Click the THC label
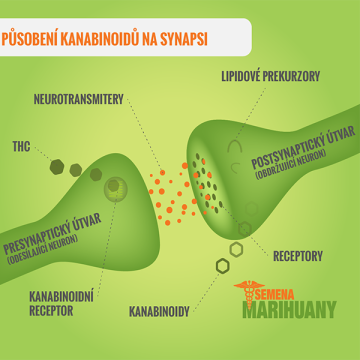pos(21,147)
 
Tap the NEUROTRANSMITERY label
pos(79,99)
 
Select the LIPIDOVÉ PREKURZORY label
pos(271,76)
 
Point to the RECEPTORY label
pos(298,256)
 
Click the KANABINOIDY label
pos(159,312)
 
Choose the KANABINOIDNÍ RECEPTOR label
pos(61,303)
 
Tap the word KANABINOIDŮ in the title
pos(100,39)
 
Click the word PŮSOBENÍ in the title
pos(29,39)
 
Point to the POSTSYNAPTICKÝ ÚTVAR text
pos(303,147)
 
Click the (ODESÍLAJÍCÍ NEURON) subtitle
pos(42,249)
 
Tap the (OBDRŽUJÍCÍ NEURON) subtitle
pos(291,164)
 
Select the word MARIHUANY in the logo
pos(289,310)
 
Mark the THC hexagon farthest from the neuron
pos(57,167)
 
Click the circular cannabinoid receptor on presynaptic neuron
pos(116,189)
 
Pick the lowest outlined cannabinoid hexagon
pos(223,266)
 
